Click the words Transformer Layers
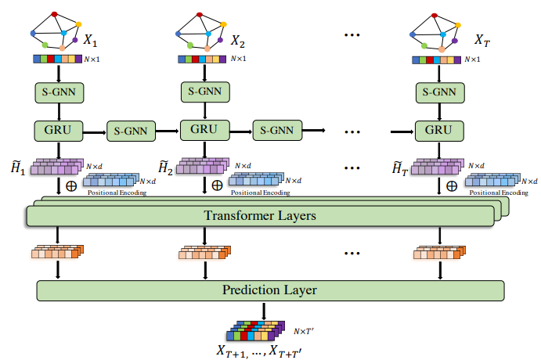click(x=261, y=215)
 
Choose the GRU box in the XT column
click(x=439, y=129)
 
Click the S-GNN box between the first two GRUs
click(x=131, y=129)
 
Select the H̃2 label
click(x=165, y=167)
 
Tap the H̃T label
click(x=400, y=167)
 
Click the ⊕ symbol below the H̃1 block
click(x=71, y=187)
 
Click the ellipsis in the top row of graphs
click(x=351, y=35)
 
